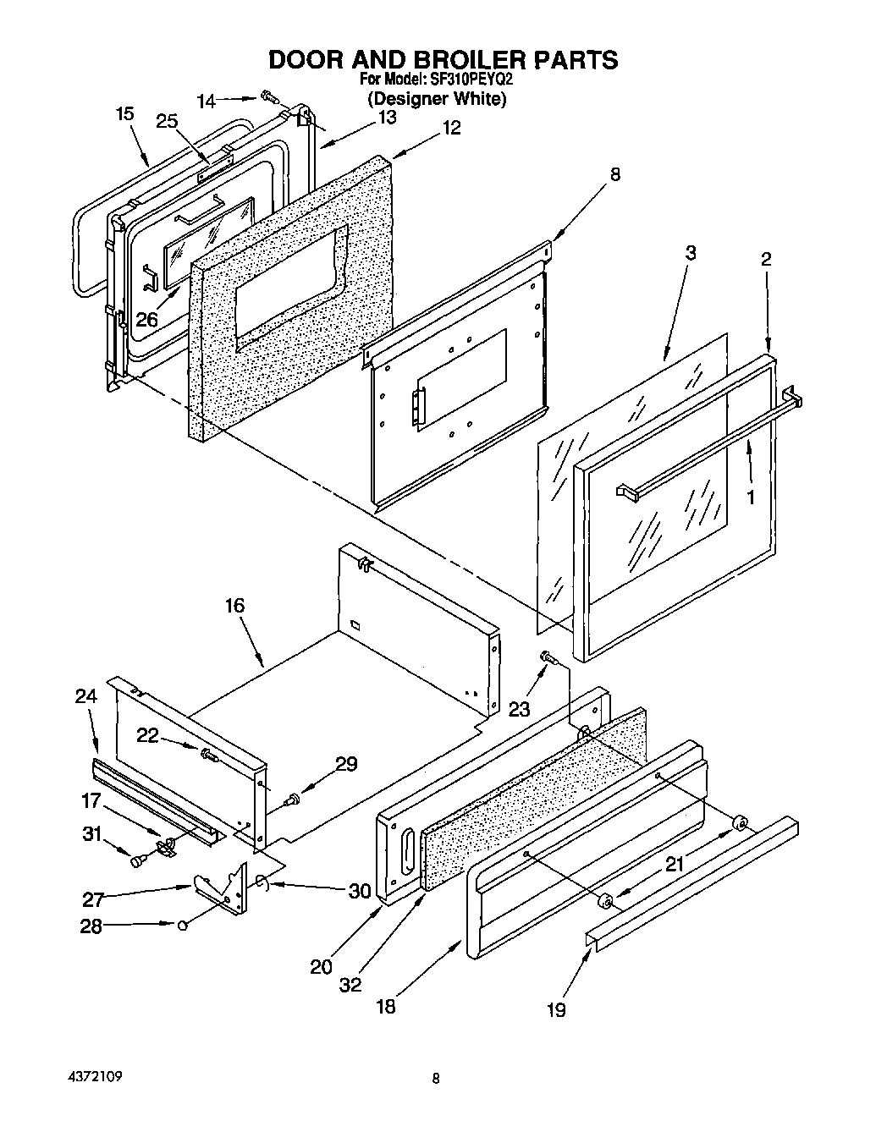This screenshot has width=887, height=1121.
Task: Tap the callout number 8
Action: click(615, 175)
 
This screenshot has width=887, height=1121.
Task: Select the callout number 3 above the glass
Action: click(691, 252)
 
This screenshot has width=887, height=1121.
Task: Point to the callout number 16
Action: click(234, 606)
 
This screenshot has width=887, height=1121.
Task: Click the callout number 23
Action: click(519, 709)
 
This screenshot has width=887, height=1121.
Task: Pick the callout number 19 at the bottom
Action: click(556, 1008)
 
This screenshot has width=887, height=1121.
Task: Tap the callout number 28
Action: click(91, 926)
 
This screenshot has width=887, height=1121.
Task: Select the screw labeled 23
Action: click(547, 657)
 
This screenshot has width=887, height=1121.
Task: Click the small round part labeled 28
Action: click(183, 925)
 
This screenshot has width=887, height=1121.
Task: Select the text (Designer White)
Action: click(437, 99)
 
